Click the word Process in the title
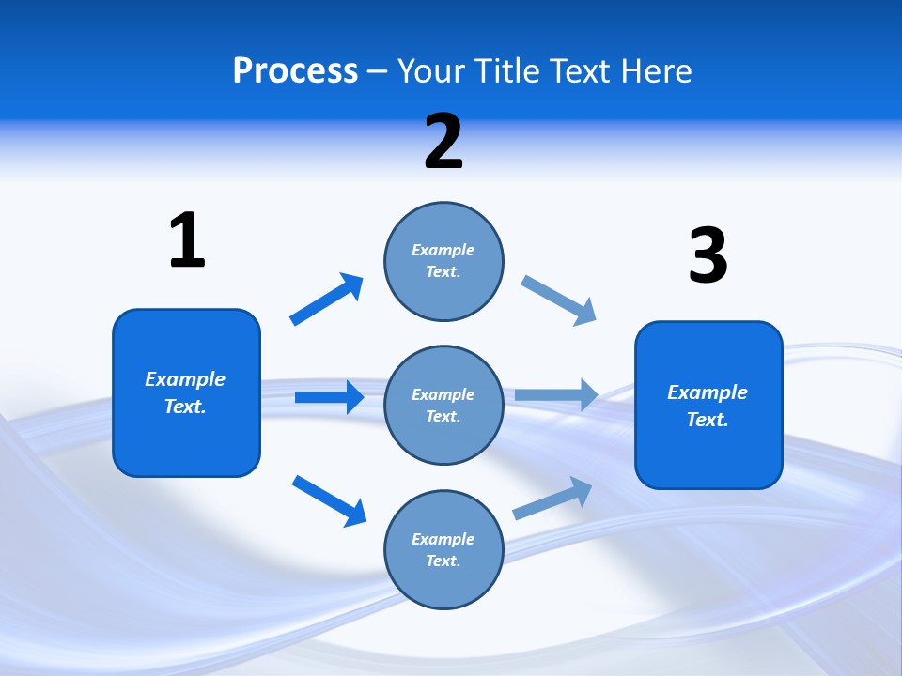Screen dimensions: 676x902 point(295,71)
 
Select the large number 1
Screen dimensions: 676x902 point(187,240)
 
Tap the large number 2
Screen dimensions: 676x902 point(443,142)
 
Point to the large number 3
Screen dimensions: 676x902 point(708,256)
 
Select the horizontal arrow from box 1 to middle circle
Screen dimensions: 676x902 point(329,397)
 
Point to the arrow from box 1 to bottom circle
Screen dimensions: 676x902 point(329,500)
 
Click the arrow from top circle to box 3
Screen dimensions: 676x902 point(559,300)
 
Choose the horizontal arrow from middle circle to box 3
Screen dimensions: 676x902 point(556,395)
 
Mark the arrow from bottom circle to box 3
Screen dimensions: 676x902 point(553,498)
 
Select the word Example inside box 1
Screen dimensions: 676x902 point(185,379)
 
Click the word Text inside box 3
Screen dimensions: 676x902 point(707,420)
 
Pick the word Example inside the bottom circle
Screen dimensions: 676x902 point(443,539)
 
